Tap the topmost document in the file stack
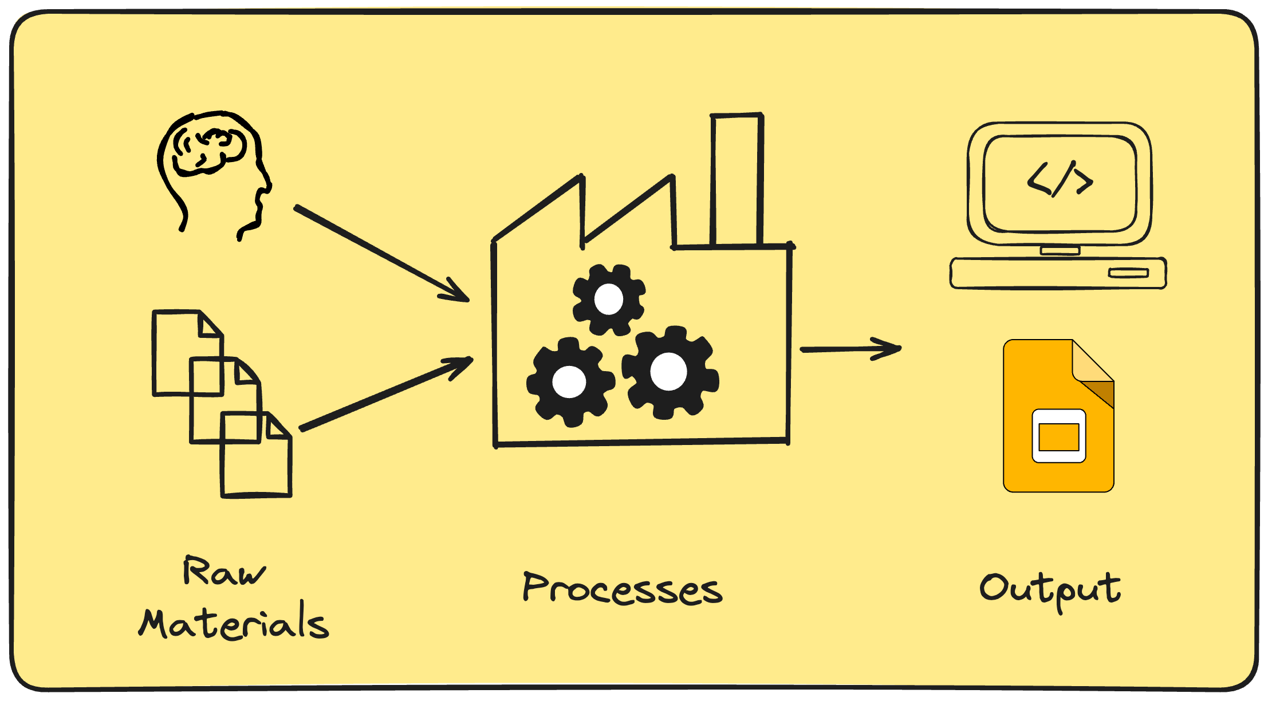187,353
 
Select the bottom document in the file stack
256,454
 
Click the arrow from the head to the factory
381,253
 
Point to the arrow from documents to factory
387,393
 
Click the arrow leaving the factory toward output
851,349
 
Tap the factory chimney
737,180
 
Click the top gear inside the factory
609,300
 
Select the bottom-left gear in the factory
570,382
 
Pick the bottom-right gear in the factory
670,372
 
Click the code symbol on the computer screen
1060,179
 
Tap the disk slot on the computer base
1128,273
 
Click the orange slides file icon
1058,416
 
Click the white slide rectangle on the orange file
1059,436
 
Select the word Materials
234,620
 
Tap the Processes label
623,588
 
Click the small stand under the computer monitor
1060,250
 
